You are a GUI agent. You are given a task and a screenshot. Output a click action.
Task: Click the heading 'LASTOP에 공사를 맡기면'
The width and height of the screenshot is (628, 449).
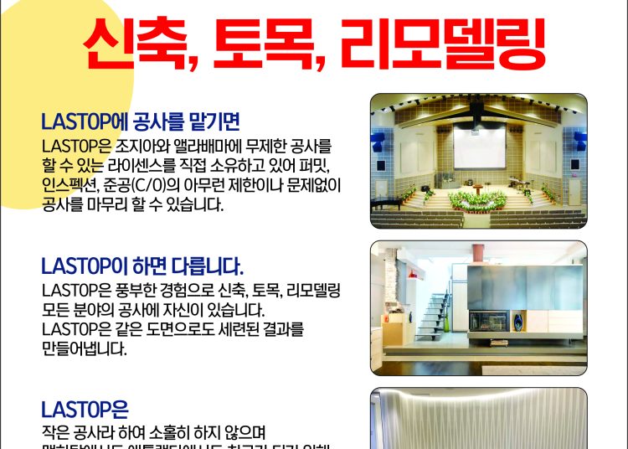click(140, 121)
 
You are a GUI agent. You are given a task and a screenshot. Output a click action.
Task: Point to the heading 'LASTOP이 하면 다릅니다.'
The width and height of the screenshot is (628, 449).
click(142, 267)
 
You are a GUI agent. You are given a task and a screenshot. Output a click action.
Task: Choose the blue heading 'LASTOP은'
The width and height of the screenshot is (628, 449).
click(84, 410)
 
